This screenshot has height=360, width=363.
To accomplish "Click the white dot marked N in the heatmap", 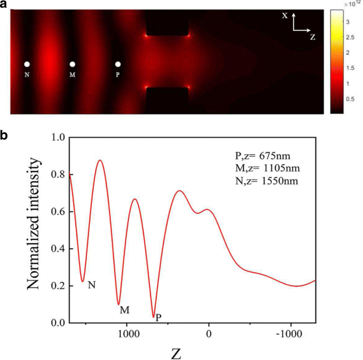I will click(26, 64).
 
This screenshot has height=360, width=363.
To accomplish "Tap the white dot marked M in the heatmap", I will click(72, 64).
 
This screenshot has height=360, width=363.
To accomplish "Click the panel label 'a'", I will click(4, 4).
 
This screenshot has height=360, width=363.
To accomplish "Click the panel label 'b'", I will click(4, 135).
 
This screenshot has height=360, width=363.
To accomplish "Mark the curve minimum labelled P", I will click(154, 317).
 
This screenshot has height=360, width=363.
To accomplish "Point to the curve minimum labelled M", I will click(119, 304).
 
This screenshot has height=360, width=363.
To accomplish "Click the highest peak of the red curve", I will click(99, 160).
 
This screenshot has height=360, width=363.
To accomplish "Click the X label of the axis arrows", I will click(285, 16).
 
